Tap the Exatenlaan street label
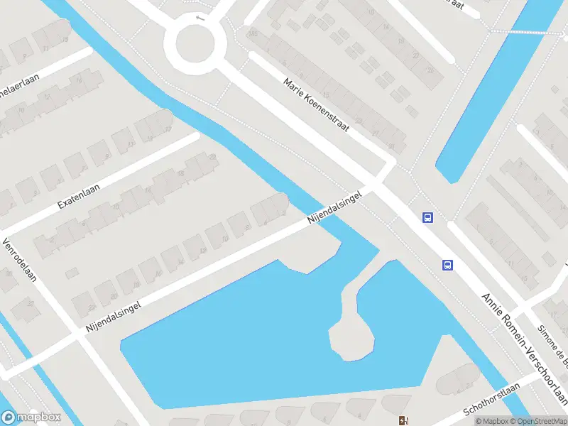78,193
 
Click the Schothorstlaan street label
492,399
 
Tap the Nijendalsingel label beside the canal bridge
339,207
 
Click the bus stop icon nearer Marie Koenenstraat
427,218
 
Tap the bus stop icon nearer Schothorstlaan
447,265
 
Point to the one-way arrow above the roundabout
200,18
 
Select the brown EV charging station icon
404,420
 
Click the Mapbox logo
30,417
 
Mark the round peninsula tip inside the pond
351,339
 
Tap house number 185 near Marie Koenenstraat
252,33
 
